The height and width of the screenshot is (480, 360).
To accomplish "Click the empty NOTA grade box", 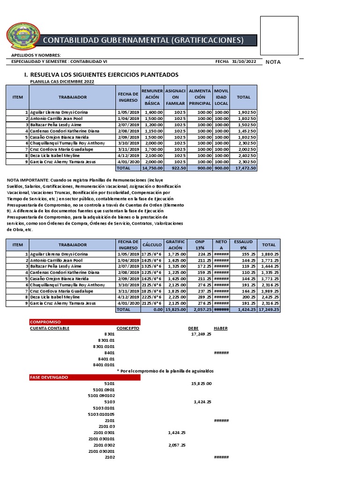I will pos(279,36).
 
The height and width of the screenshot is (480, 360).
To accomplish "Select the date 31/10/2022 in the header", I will pos(245,61).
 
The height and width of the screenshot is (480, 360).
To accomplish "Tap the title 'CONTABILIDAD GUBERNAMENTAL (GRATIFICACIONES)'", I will pos(143,40).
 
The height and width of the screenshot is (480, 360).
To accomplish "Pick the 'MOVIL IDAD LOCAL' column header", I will pos(221,97).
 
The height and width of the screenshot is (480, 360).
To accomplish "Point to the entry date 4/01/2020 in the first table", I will pos(128,161).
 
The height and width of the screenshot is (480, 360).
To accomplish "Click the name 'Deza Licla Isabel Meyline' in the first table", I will pos(54,155).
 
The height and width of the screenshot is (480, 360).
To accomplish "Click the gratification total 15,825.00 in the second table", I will pos(176,309).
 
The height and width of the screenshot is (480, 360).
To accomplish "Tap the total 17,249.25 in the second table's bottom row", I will pos(269,309).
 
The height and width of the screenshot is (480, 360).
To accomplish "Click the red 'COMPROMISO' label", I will pos(43,322).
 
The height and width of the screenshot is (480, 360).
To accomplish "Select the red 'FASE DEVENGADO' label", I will pos(49,377).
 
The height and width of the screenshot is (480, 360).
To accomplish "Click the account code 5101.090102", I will pos(102,395).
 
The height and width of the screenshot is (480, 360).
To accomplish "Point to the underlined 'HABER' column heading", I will pos(221,328).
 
